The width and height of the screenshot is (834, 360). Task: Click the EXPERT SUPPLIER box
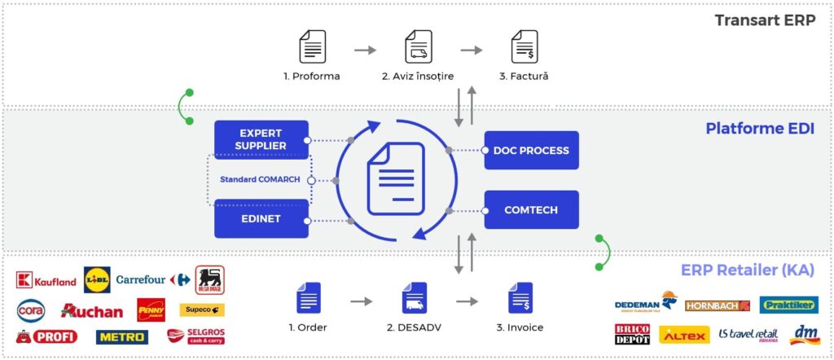pyautogui.click(x=261, y=139)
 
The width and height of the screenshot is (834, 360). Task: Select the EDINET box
pyautogui.click(x=261, y=218)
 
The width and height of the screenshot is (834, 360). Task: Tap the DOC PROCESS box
pyautogui.click(x=531, y=151)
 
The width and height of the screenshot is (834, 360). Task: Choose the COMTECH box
pyautogui.click(x=531, y=210)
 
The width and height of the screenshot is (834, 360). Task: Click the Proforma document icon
pyautogui.click(x=312, y=47)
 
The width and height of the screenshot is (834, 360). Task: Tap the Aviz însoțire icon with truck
pyautogui.click(x=418, y=47)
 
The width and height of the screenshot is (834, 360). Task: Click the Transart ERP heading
pyautogui.click(x=764, y=20)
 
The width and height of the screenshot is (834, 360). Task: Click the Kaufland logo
pyautogui.click(x=46, y=282)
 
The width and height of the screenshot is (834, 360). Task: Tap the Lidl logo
pyautogui.click(x=96, y=279)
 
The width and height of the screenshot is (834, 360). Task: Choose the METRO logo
pyautogui.click(x=122, y=336)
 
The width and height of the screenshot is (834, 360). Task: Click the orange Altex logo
pyautogui.click(x=683, y=335)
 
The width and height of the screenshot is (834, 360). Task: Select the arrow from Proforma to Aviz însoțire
pyautogui.click(x=365, y=50)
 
